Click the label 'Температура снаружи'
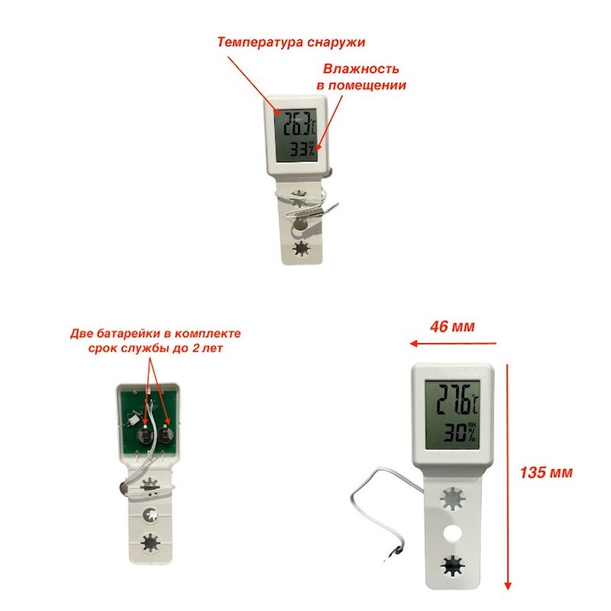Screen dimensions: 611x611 click(291, 42)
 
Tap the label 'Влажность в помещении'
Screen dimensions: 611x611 click(361, 77)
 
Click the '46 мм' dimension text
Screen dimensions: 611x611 click(453, 327)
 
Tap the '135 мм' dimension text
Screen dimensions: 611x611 click(546, 473)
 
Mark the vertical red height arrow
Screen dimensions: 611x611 click(506, 475)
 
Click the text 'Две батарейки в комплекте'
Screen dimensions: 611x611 click(155, 334)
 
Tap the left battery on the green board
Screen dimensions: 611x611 click(145, 436)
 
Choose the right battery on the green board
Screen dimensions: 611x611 click(165, 436)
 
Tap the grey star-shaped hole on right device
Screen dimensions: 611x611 click(451, 499)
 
